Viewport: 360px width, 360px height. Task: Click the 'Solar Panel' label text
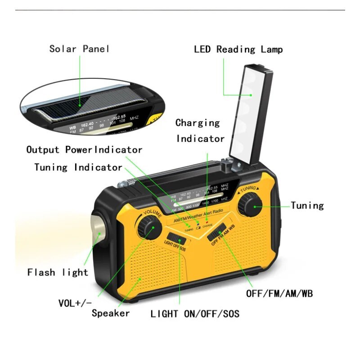click(x=79, y=49)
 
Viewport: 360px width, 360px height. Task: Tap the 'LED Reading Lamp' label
click(x=238, y=49)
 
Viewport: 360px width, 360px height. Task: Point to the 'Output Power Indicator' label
click(x=84, y=150)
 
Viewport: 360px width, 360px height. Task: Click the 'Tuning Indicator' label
click(x=78, y=167)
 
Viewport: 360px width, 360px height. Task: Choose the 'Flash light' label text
click(x=58, y=272)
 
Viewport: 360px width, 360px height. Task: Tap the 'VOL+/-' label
click(x=75, y=303)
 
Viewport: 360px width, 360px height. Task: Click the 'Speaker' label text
click(x=111, y=313)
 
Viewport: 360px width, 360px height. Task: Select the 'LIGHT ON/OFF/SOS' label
click(x=195, y=314)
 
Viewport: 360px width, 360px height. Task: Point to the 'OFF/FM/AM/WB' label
click(x=279, y=294)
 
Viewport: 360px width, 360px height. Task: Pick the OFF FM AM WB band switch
click(x=218, y=232)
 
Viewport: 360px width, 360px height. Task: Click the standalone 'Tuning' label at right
click(x=307, y=206)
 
